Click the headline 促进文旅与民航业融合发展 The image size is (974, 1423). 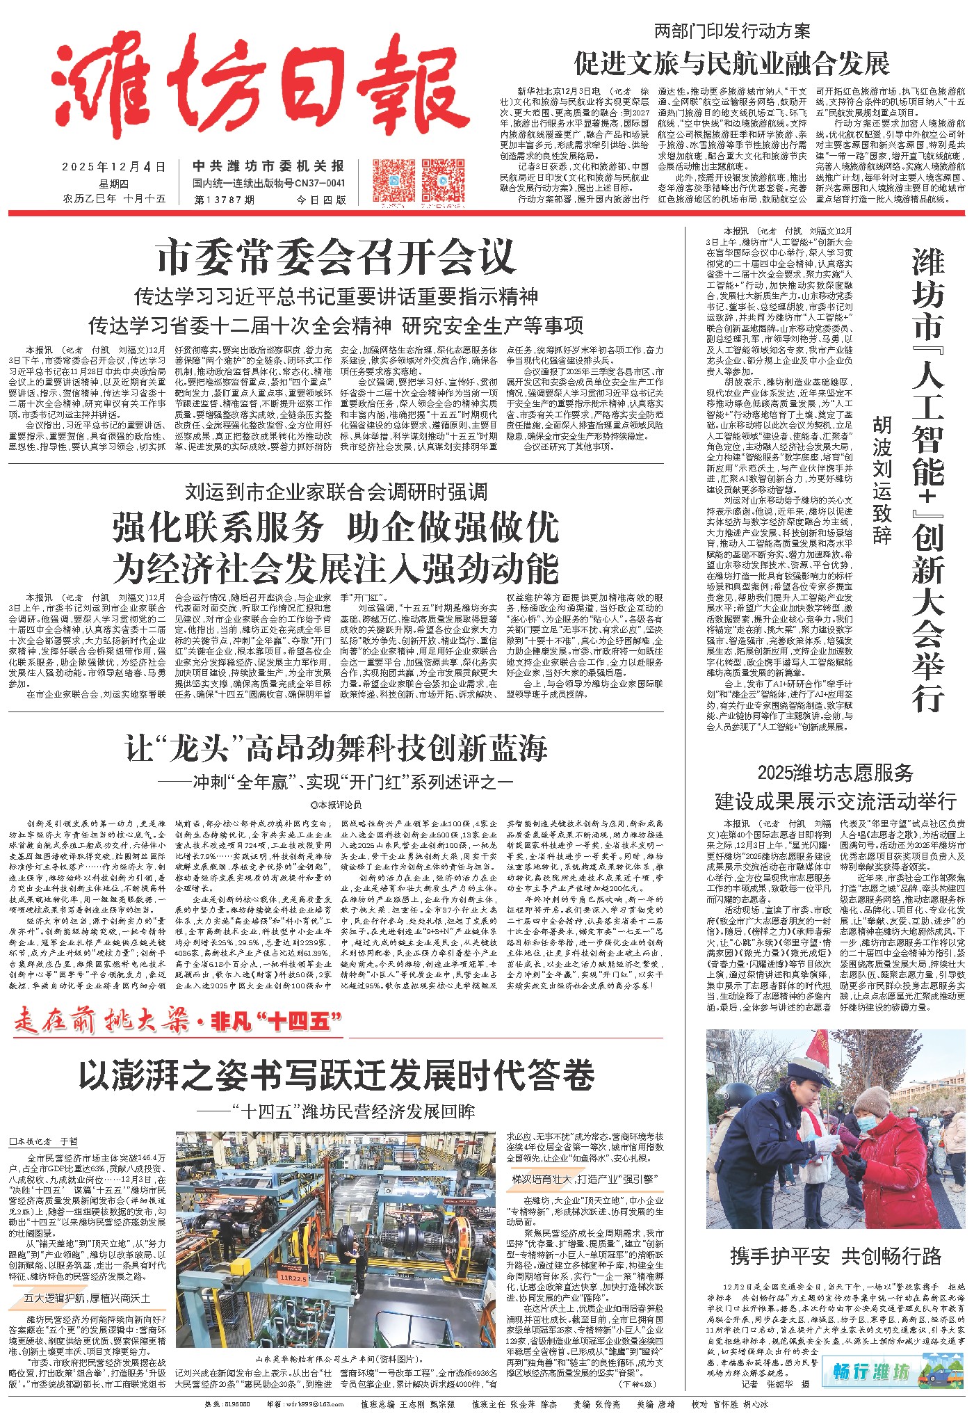coord(731,63)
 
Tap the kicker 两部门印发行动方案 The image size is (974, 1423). coord(732,31)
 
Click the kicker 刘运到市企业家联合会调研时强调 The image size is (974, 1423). coord(336,492)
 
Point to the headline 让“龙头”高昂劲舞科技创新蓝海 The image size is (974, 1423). coord(336,748)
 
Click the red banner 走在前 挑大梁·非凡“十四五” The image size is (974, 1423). coord(178,1021)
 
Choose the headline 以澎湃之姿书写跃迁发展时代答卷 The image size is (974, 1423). coord(336,1075)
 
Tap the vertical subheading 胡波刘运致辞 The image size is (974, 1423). coord(882,480)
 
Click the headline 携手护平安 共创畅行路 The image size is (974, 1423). coord(836,1255)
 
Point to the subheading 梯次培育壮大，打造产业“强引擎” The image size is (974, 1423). coord(585,1179)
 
